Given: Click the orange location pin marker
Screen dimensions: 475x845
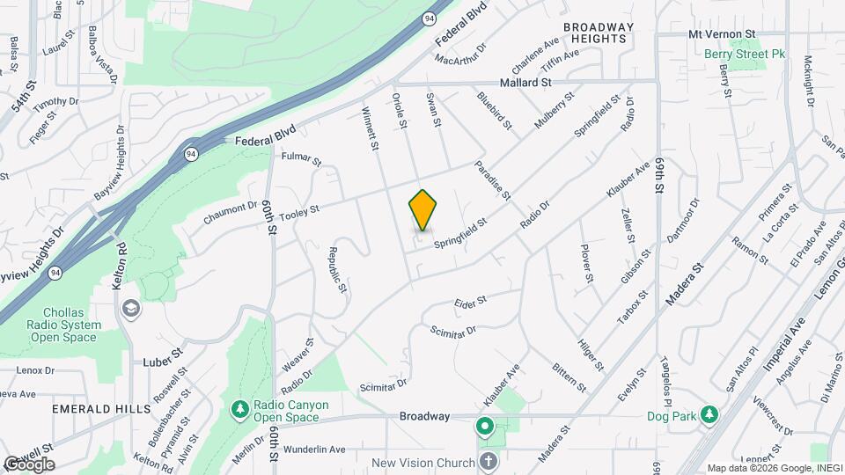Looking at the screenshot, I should [423, 211].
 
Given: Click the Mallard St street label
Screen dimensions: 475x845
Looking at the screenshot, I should [525, 82].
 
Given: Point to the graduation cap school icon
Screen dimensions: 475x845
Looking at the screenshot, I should [131, 308].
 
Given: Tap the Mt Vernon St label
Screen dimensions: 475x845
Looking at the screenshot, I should [722, 33].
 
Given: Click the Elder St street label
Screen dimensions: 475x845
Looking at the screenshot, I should [470, 303].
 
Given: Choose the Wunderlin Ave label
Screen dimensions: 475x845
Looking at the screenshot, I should [314, 449].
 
